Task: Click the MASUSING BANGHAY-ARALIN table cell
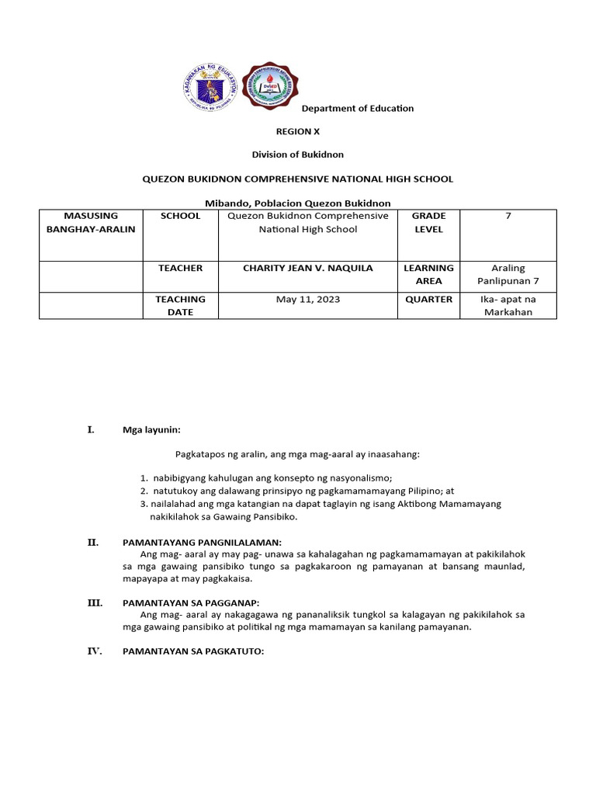(91, 222)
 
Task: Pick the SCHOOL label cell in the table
(180, 216)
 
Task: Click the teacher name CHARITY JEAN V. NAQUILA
(308, 268)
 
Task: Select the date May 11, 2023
(308, 300)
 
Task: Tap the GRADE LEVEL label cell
(428, 222)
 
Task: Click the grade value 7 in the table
(508, 216)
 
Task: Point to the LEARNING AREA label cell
(428, 274)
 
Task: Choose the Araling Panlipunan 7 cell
(508, 274)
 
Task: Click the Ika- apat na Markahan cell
(508, 305)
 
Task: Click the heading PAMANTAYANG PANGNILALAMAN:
(202, 543)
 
